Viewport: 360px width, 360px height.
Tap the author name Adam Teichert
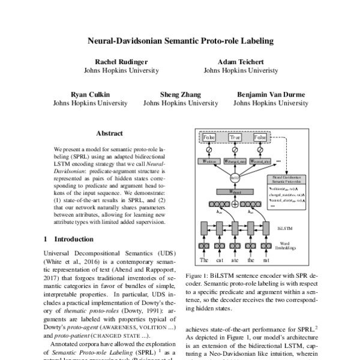tap(241, 62)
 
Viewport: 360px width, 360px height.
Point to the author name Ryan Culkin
tap(91, 94)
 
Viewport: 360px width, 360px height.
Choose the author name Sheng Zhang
tap(179, 94)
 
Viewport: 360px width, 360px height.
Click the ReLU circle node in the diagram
tap(235, 178)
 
